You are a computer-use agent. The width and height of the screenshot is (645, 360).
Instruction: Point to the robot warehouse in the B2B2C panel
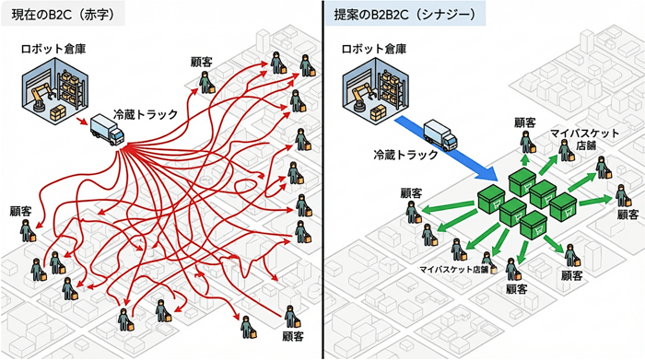(372, 91)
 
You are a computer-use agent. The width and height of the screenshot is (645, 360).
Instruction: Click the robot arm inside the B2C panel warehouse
(39, 98)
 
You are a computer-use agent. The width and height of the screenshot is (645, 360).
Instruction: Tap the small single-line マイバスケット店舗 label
(454, 270)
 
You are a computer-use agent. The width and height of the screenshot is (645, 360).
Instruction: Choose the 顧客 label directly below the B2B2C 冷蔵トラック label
(411, 193)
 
